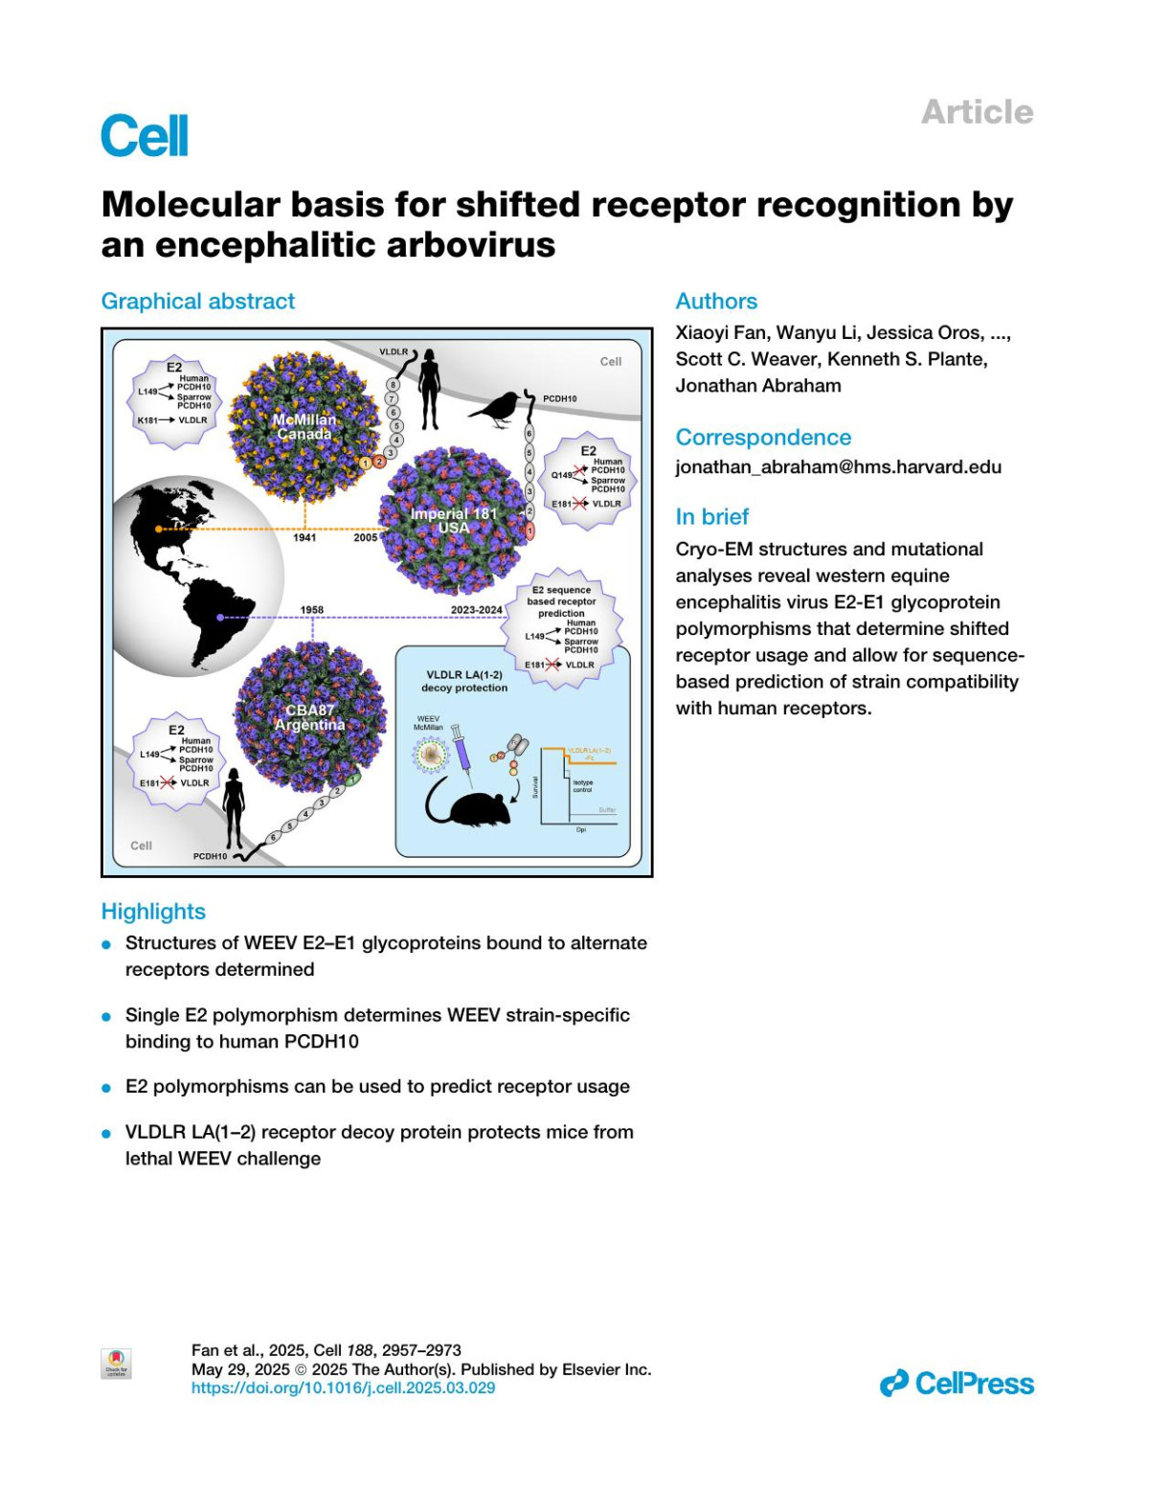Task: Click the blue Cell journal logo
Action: [x=145, y=136]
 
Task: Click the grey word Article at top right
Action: [x=977, y=112]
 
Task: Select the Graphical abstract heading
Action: [x=198, y=302]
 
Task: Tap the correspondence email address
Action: [x=838, y=467]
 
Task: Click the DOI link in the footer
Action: [x=343, y=1388]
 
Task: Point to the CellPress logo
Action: [x=957, y=1384]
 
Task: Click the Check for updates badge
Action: [x=116, y=1364]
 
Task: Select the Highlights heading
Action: [x=153, y=912]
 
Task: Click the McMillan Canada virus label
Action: [x=304, y=427]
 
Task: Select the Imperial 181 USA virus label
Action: [x=454, y=521]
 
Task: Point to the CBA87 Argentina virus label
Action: [x=310, y=718]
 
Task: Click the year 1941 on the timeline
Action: [x=304, y=538]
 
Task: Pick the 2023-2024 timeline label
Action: [x=476, y=610]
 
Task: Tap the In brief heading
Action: [x=711, y=517]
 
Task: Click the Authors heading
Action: [x=716, y=302]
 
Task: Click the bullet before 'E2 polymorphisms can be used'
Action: [x=107, y=1088]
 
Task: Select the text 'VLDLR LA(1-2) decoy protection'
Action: [x=464, y=681]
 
